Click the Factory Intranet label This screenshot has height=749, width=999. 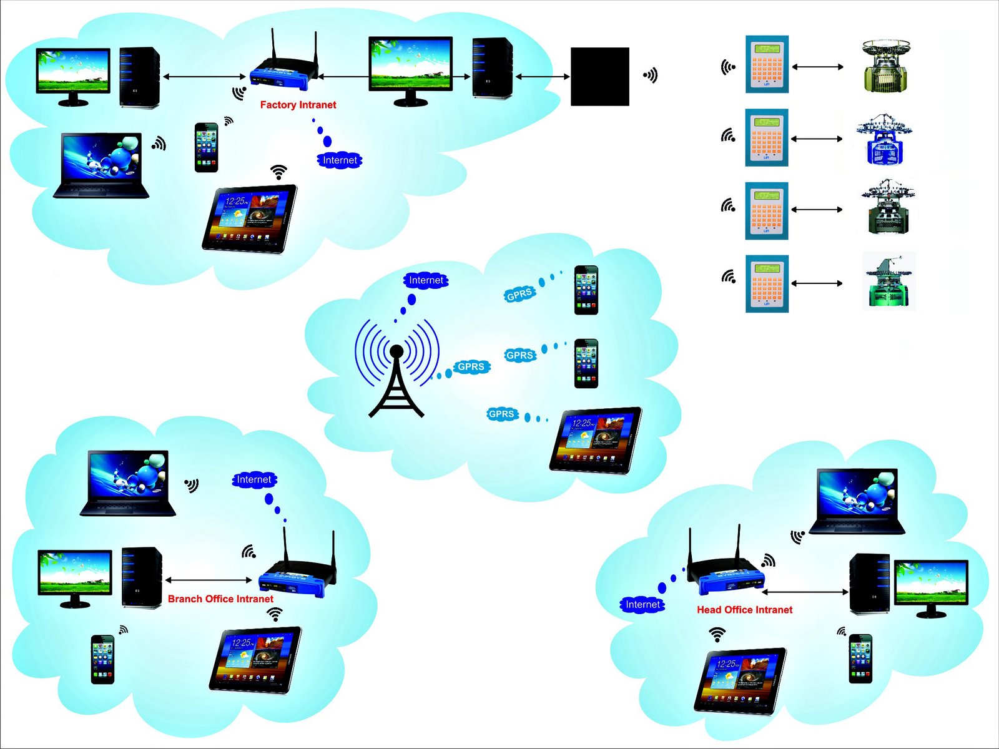click(298, 105)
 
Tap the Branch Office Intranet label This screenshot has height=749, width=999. click(220, 599)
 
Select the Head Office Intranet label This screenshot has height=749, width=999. click(744, 610)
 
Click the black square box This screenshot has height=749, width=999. click(599, 76)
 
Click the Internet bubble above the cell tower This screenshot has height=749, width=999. click(426, 280)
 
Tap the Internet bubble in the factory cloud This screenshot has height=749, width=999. click(340, 160)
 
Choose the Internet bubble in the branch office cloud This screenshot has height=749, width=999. click(253, 479)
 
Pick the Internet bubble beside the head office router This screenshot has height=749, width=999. click(642, 604)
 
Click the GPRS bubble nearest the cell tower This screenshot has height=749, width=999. click(471, 366)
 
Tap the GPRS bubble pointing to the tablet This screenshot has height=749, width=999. click(501, 414)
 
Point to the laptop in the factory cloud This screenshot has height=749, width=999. click(101, 165)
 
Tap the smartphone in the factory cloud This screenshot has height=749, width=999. click(206, 147)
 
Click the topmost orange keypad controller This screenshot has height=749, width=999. click(767, 64)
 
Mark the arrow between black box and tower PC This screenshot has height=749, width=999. click(541, 76)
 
